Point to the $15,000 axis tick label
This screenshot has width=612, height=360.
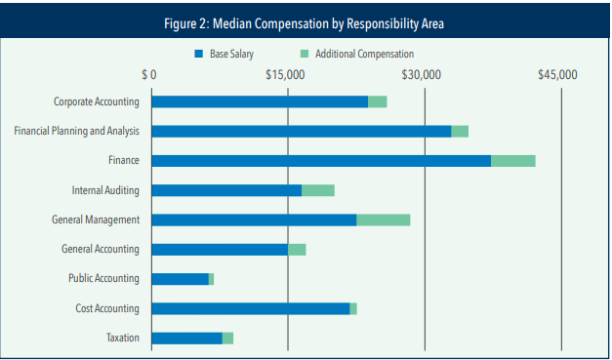pos(286,74)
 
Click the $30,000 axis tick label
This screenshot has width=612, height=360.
pos(424,74)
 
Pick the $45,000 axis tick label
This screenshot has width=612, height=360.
pos(560,74)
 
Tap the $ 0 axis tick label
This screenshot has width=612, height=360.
pos(149,74)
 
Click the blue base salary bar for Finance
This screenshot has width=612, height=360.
pos(321,161)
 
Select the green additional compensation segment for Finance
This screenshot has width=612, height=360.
pos(513,161)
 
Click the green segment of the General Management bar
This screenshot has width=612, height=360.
pos(383,220)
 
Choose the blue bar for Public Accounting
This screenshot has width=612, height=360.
pos(180,279)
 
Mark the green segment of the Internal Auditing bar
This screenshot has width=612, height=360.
pos(318,190)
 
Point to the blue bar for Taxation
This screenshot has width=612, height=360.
pos(186,339)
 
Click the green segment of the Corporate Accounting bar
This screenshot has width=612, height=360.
pos(377,101)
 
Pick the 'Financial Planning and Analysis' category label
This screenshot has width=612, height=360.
pos(76,131)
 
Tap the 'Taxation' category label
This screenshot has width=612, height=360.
pos(122,339)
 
